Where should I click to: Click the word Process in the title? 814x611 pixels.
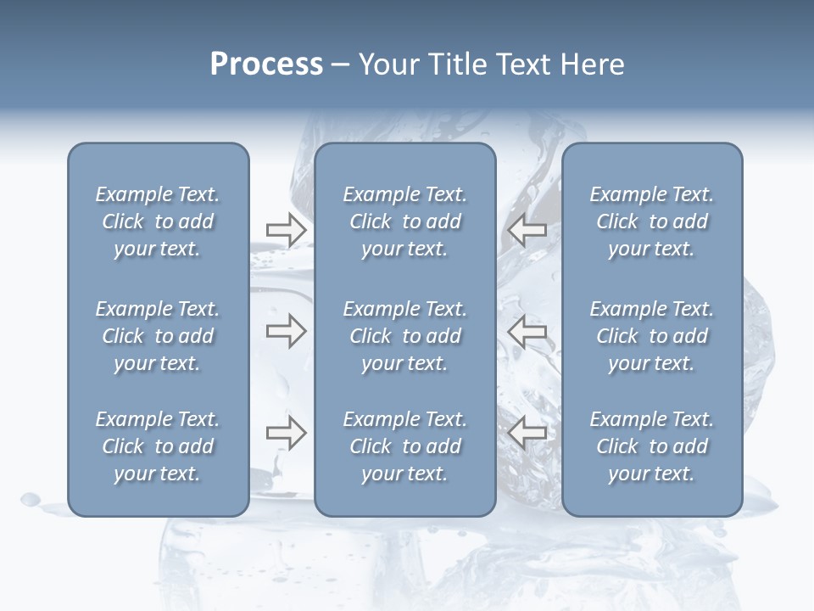tap(266, 64)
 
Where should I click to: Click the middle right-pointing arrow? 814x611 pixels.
tap(286, 331)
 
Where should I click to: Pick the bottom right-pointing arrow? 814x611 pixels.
tap(286, 433)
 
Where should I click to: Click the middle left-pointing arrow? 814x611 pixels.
tap(527, 331)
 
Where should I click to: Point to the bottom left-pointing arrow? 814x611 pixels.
tap(527, 433)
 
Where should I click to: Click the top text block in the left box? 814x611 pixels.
tap(158, 221)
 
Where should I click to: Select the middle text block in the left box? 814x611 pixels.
tap(158, 336)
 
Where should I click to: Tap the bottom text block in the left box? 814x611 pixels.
tap(158, 446)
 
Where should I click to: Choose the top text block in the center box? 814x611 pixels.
tap(404, 221)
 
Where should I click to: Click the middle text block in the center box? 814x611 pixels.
tap(404, 336)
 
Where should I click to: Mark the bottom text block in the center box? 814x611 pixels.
tap(404, 446)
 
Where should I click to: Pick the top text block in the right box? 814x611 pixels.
tap(651, 221)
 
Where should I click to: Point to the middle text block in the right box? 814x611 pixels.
tap(651, 336)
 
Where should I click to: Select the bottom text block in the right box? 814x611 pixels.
tap(651, 446)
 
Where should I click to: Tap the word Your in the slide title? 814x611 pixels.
tap(386, 64)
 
